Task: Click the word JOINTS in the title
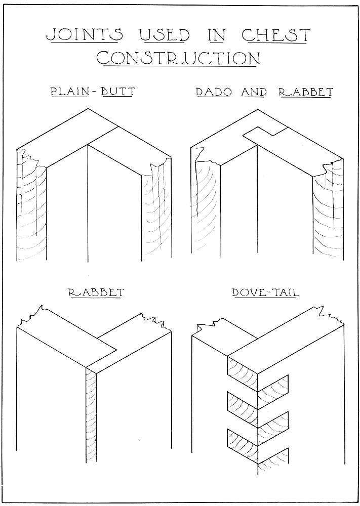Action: pos(85,35)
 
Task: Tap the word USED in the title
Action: pos(165,35)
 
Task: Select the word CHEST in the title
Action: pos(276,35)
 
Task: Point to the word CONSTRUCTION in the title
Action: pos(179,58)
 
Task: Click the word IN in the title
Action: pos(216,35)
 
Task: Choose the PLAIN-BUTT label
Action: pos(93,92)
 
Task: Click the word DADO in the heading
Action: pos(214,92)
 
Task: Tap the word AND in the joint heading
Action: pos(254,92)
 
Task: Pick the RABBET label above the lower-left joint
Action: pos(96,292)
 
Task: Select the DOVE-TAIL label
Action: pos(265,292)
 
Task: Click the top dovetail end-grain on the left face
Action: pos(243,373)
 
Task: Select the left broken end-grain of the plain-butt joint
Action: pos(31,206)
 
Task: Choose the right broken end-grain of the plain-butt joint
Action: pos(156,210)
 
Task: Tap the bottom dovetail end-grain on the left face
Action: pos(243,446)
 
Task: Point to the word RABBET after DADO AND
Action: pos(306,92)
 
